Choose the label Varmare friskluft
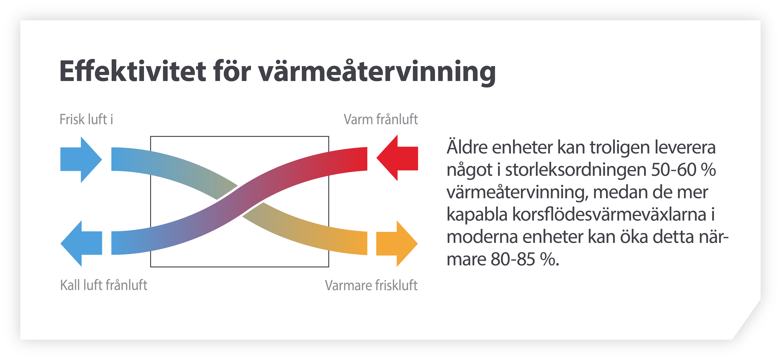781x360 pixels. [x=371, y=285]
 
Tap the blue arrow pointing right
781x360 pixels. [x=81, y=159]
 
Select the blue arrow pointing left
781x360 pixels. [x=81, y=243]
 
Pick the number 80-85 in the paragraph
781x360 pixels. [x=513, y=259]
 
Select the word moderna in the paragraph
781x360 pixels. [x=482, y=237]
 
